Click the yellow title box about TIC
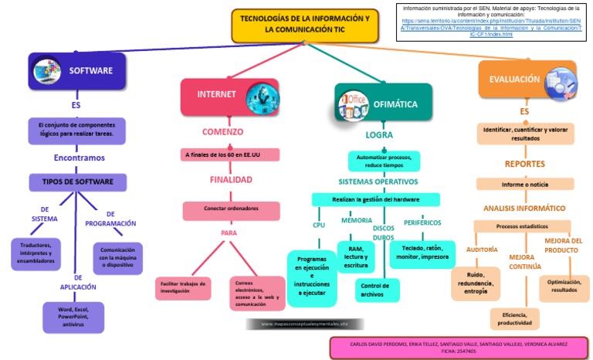click(x=305, y=26)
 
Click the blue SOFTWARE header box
click(x=77, y=71)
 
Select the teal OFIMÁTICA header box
click(x=383, y=103)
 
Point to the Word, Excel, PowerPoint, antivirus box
click(x=73, y=317)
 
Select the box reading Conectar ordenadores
click(x=231, y=209)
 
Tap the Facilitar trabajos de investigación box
click(x=183, y=288)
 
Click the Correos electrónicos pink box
click(x=257, y=294)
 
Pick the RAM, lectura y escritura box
click(x=356, y=257)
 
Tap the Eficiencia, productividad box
click(x=515, y=318)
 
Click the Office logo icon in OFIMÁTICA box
click(x=356, y=104)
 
